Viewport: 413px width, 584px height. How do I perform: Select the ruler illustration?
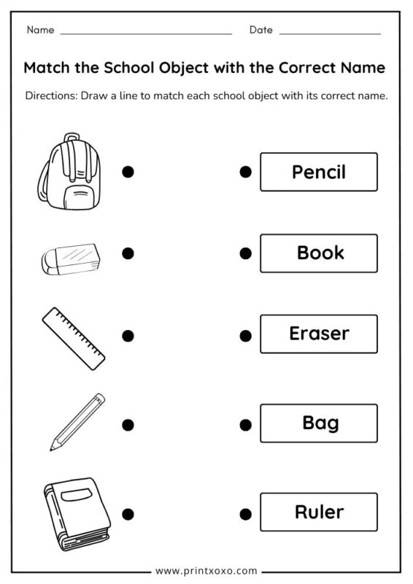[x=73, y=338]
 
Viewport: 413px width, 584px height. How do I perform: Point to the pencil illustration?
[x=77, y=422]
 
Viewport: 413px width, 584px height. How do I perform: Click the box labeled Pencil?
[x=319, y=172]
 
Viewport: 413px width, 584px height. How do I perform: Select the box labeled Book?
[x=319, y=253]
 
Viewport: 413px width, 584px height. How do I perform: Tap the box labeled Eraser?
[x=319, y=334]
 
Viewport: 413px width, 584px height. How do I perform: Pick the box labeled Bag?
[x=319, y=423]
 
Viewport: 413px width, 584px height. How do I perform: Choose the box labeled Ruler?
[x=319, y=512]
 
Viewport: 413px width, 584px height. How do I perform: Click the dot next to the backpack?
[x=128, y=172]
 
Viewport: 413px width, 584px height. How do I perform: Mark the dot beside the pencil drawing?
[x=128, y=424]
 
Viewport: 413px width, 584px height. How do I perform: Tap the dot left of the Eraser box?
[x=246, y=336]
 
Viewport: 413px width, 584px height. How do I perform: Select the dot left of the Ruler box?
[x=246, y=513]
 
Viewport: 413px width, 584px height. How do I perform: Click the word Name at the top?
[x=40, y=30]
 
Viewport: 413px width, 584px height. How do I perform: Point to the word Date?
[x=260, y=30]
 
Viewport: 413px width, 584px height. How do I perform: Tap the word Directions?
[x=50, y=96]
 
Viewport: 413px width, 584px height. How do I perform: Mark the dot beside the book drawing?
[x=128, y=513]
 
